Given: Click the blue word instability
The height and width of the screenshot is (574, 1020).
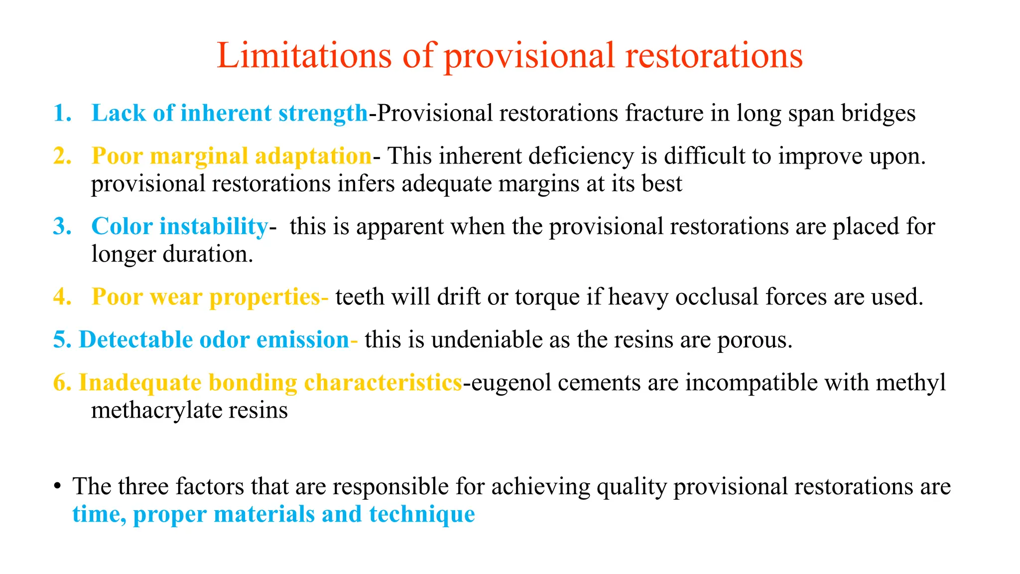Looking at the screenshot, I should tap(214, 227).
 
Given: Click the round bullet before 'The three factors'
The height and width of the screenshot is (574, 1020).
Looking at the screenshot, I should tap(58, 486).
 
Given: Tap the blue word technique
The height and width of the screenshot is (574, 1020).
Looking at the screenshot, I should tap(422, 514).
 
